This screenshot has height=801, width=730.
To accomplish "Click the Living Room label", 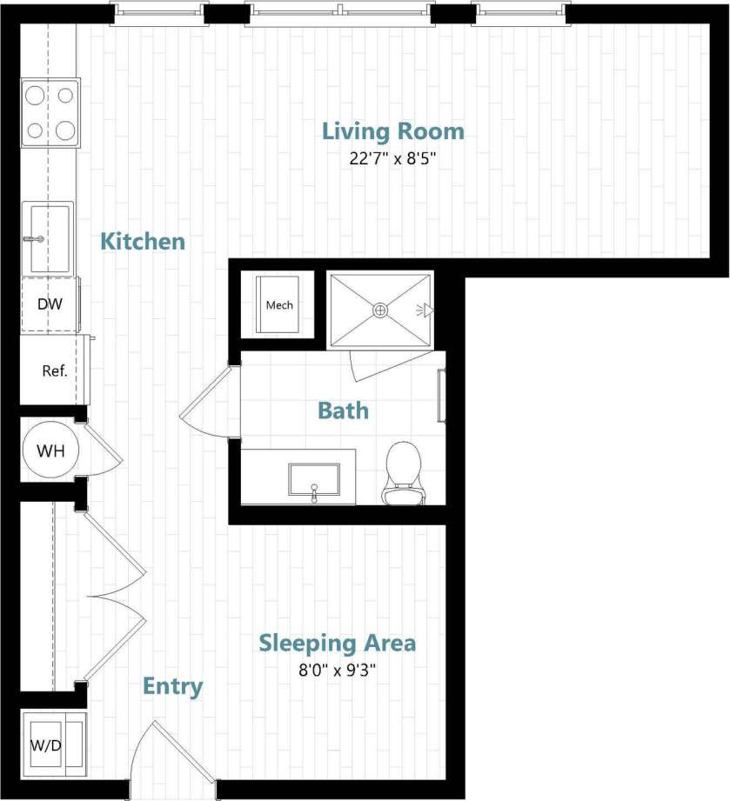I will coord(393,131).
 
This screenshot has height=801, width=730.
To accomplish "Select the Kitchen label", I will coord(143,241).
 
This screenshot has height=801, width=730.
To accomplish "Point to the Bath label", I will coord(343,410).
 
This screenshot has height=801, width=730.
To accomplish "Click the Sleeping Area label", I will coord(338,644).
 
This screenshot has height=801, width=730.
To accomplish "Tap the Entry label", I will coord(172,686).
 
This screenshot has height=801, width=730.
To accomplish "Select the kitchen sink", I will coord(47,237).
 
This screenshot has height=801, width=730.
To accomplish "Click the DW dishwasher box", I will coord(49,304).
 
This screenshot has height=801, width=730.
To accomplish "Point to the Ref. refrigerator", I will coord(54,370).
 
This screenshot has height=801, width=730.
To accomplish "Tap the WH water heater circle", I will coord(50,451).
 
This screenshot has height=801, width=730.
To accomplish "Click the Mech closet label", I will coord(279,305).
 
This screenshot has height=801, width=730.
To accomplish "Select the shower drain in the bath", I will coord(380,310).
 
